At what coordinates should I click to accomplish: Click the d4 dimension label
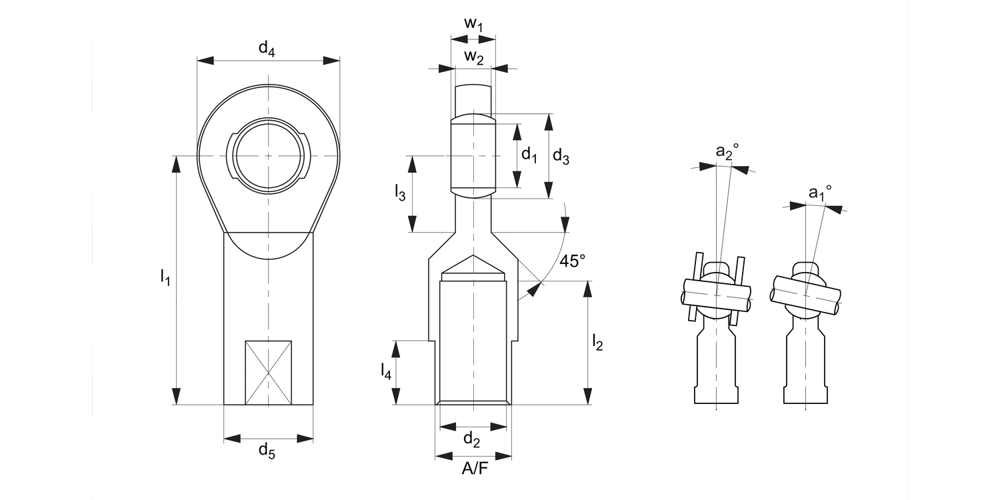pyautogui.click(x=267, y=48)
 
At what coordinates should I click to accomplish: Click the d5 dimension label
pyautogui.click(x=267, y=451)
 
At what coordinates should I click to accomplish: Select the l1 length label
pyautogui.click(x=165, y=277)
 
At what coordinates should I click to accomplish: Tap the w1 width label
pyautogui.click(x=473, y=24)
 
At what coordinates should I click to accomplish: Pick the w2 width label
pyautogui.click(x=473, y=57)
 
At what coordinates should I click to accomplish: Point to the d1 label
pyautogui.click(x=529, y=155)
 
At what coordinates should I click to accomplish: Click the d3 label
pyautogui.click(x=561, y=157)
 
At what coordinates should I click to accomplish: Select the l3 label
pyautogui.click(x=399, y=193)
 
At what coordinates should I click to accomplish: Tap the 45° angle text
pyautogui.click(x=572, y=261)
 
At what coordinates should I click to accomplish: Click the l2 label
pyautogui.click(x=597, y=343)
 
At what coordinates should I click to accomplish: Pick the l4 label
pyautogui.click(x=386, y=371)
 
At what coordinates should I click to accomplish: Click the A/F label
pyautogui.click(x=475, y=469)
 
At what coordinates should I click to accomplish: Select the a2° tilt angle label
pyautogui.click(x=727, y=152)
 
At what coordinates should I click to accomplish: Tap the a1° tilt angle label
pyautogui.click(x=820, y=193)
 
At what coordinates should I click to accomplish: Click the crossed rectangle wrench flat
pyautogui.click(x=268, y=373)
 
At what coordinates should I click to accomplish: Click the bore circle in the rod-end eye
pyautogui.click(x=269, y=156)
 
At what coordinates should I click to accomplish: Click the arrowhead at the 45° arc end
pyautogui.click(x=533, y=288)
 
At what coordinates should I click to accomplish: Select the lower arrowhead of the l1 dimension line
pyautogui.click(x=177, y=396)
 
